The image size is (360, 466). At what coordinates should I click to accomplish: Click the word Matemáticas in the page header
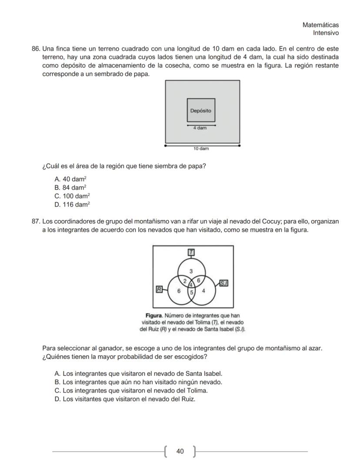click(x=320, y=25)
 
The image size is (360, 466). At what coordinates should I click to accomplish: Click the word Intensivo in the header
click(x=326, y=33)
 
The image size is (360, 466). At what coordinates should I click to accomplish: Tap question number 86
click(x=36, y=48)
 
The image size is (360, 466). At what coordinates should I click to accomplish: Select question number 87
click(x=36, y=221)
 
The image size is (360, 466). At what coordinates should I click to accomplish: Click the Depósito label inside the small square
click(x=200, y=111)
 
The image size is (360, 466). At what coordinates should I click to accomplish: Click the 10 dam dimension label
click(x=201, y=149)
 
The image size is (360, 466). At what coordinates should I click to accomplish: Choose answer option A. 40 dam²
click(x=72, y=179)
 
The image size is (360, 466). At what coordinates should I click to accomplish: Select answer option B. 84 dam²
click(x=72, y=188)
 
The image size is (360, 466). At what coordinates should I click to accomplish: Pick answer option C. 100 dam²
click(x=73, y=196)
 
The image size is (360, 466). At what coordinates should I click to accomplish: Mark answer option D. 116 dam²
click(x=73, y=204)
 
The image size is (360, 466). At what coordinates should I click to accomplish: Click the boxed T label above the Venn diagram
click(x=191, y=252)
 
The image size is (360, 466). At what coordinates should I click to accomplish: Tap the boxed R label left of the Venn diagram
click(x=159, y=289)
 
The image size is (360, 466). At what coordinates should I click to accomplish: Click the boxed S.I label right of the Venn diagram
click(x=223, y=283)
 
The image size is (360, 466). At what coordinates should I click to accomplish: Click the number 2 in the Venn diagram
click(x=185, y=281)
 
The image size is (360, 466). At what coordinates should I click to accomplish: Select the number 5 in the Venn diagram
click(x=191, y=291)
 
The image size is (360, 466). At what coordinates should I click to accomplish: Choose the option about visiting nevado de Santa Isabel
click(x=138, y=374)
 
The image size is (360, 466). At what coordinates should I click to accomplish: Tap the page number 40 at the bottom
click(x=180, y=451)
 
